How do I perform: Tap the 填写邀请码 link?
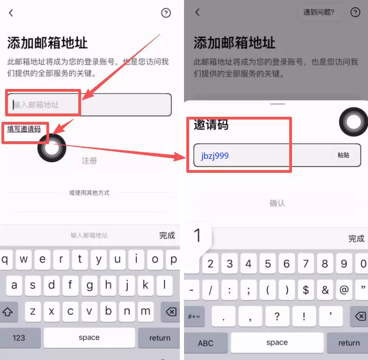point(24,129)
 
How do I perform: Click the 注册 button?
point(89,161)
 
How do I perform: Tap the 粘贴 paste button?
point(343,155)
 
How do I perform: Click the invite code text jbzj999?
point(215,156)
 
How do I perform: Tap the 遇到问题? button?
point(319,13)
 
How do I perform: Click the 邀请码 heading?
point(211,124)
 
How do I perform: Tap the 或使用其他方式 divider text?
point(89,193)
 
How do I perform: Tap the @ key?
point(344,291)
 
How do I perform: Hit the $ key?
point(306,291)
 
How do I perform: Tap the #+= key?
point(194,317)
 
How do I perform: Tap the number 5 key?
point(267,264)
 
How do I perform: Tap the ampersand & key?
point(325,291)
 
